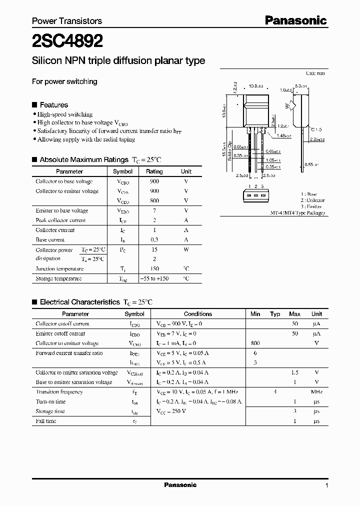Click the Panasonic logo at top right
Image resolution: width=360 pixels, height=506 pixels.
[295, 20]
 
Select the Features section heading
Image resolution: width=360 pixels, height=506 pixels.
[53, 105]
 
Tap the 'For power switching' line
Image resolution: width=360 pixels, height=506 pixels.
[64, 81]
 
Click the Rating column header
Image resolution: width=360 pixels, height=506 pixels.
[154, 171]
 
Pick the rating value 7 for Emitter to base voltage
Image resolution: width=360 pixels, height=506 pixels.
[154, 210]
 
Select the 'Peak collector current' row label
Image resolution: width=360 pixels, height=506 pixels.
[60, 220]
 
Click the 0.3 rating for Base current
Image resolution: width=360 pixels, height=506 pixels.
[154, 239]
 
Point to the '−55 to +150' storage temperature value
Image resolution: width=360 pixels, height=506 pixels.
[154, 278]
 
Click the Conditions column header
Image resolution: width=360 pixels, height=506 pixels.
[198, 314]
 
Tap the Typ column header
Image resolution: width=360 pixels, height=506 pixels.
[275, 314]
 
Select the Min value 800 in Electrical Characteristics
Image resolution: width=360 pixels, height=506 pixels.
[255, 343]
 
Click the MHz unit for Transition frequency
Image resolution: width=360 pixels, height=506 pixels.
[316, 392]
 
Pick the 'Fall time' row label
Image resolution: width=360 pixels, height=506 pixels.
[46, 421]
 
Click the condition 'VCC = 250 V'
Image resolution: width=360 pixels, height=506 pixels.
[171, 411]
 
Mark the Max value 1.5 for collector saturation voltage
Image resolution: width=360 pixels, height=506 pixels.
[294, 372]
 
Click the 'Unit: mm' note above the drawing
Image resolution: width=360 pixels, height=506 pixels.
[315, 73]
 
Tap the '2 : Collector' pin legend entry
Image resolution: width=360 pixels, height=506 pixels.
[312, 200]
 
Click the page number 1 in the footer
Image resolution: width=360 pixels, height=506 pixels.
[326, 485]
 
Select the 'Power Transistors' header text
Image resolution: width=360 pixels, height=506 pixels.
[67, 21]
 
